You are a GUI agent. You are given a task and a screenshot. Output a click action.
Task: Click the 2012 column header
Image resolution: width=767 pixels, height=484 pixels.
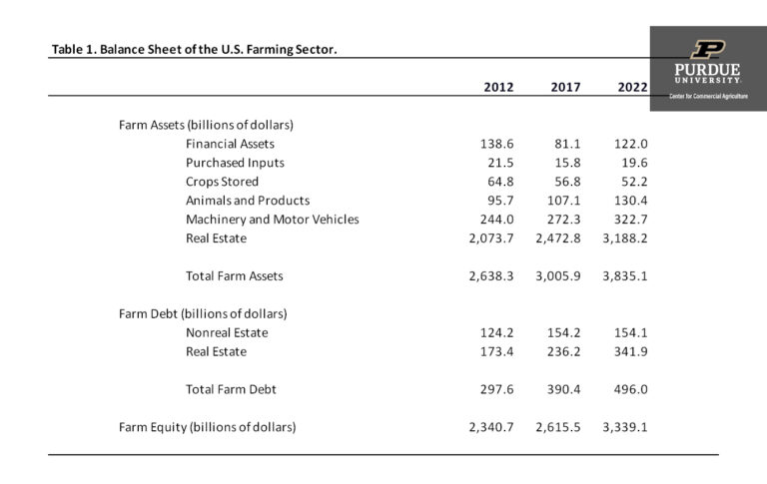click(498, 87)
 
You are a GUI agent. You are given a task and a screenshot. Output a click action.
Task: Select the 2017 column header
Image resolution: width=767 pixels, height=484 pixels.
click(565, 87)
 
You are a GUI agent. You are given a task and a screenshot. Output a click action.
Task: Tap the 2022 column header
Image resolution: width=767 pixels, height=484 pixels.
click(632, 87)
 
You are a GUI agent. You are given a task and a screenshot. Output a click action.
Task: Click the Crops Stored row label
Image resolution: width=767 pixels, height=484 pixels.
click(222, 182)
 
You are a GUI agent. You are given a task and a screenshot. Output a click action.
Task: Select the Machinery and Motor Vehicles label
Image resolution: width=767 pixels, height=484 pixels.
click(272, 220)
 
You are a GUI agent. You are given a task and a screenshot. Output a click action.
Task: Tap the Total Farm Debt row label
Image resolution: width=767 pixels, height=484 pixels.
click(231, 389)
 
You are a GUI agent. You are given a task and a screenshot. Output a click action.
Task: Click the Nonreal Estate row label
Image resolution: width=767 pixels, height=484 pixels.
click(227, 332)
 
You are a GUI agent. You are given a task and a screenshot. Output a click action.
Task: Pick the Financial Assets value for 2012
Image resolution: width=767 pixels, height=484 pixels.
click(496, 144)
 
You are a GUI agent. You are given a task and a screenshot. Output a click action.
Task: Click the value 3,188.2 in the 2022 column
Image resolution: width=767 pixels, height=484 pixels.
click(624, 239)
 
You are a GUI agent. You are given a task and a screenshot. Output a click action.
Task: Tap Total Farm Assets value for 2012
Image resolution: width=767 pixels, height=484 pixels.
click(490, 276)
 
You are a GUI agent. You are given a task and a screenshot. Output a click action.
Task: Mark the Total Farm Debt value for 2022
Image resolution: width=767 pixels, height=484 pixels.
click(630, 389)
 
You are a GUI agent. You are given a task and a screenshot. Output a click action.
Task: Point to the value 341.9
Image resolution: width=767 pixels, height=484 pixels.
click(630, 351)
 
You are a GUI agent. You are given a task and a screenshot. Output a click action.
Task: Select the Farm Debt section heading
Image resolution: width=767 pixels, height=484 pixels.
click(205, 313)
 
